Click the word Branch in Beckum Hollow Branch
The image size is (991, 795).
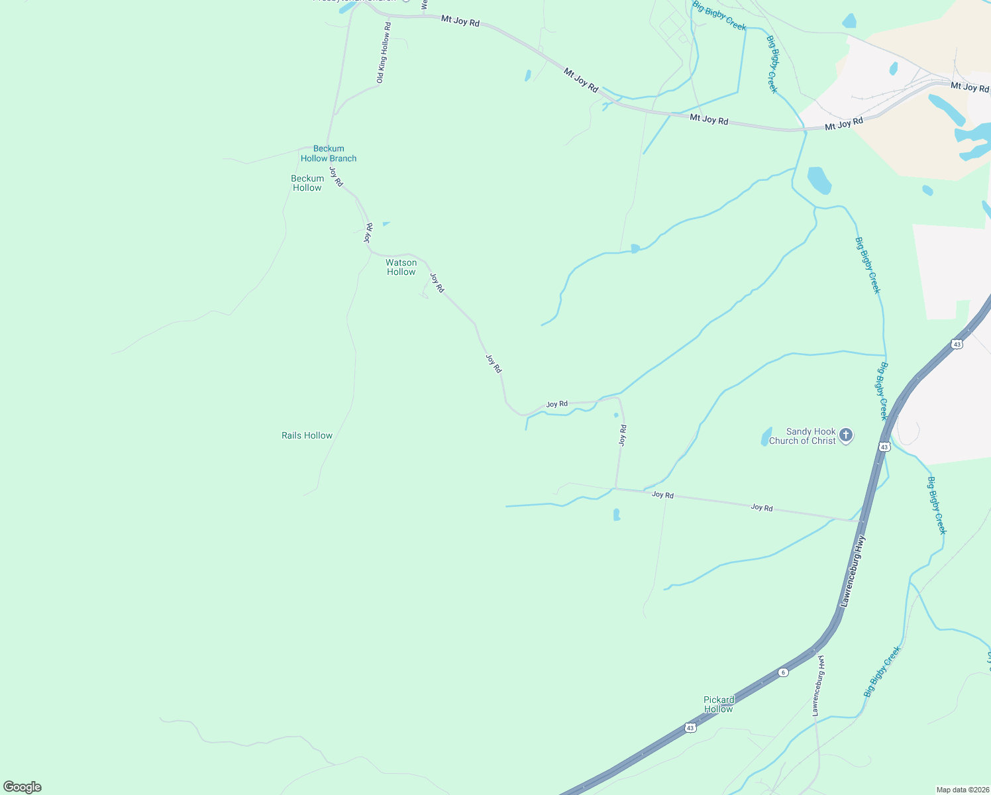(342, 158)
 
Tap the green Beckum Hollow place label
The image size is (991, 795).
(307, 183)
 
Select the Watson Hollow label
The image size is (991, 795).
(401, 267)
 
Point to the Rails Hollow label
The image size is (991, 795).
(307, 435)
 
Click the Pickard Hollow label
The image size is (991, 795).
(719, 704)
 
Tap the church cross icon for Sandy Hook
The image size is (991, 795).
(845, 435)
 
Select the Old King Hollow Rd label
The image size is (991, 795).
(384, 53)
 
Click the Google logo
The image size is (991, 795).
(23, 787)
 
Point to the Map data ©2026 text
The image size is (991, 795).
(962, 790)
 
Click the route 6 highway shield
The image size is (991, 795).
(784, 672)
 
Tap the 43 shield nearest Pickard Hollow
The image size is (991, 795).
(691, 727)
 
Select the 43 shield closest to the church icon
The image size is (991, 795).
(884, 447)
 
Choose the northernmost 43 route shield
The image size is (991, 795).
(956, 344)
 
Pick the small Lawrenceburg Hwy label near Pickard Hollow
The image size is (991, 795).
(818, 686)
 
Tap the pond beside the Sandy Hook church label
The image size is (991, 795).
(766, 436)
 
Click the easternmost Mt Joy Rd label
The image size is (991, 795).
(969, 87)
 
